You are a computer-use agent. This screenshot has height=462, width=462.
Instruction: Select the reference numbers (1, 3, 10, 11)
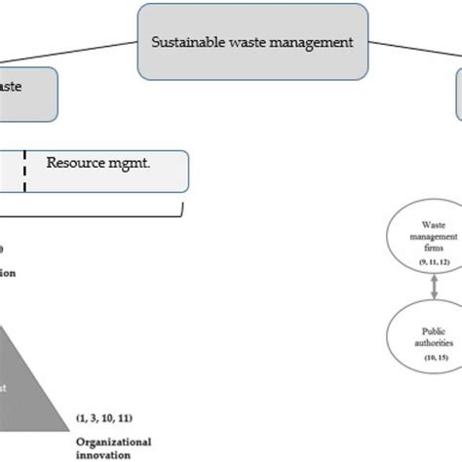point(104,418)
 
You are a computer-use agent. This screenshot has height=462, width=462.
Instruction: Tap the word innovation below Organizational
point(102,453)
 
